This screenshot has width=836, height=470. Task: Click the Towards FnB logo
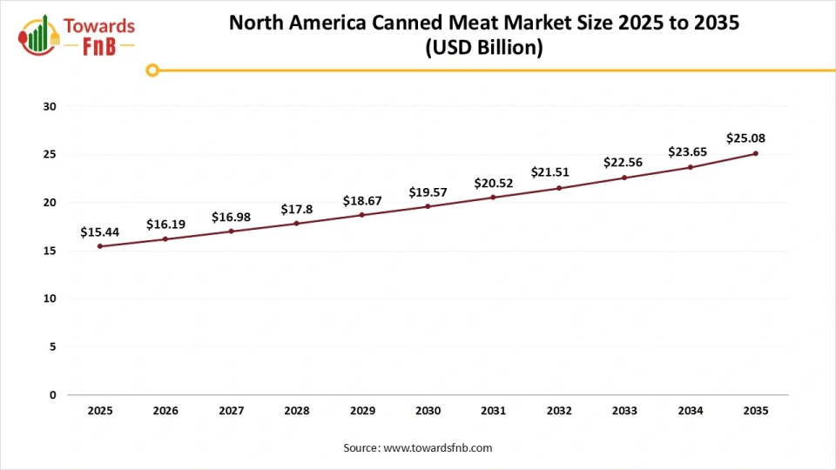tap(77, 35)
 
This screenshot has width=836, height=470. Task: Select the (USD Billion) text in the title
tap(483, 49)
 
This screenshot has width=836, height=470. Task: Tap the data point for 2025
tap(100, 246)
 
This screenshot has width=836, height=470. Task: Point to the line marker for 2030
tap(428, 206)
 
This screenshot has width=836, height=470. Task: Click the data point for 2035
tap(755, 153)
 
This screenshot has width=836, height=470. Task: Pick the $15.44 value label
tap(99, 232)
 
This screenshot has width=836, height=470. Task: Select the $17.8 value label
tap(296, 210)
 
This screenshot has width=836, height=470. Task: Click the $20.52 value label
tap(493, 183)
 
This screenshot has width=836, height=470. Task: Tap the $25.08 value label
tap(745, 138)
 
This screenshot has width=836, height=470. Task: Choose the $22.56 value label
tap(623, 163)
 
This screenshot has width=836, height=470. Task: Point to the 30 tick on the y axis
tap(50, 107)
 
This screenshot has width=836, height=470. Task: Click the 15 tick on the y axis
tap(50, 251)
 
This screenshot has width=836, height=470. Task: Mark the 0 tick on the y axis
tap(52, 395)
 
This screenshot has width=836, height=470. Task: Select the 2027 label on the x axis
tap(231, 411)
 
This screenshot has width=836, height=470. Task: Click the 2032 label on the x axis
tap(558, 411)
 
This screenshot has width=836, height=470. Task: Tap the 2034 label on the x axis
tap(690, 411)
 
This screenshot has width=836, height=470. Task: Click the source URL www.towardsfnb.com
tap(438, 448)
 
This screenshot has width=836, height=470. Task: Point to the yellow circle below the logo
tap(152, 70)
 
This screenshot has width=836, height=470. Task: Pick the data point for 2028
tap(296, 224)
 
